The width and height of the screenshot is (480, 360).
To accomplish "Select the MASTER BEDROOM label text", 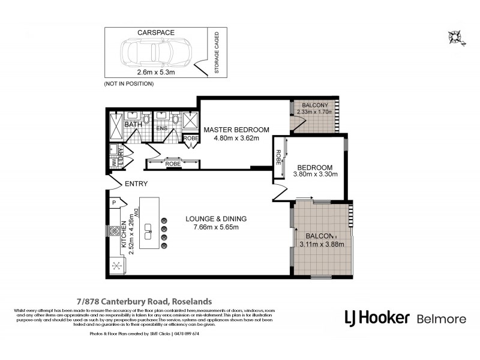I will click(236, 130).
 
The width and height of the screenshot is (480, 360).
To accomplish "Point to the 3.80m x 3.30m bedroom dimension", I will click(316, 175).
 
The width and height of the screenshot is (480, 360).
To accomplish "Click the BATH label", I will click(133, 124).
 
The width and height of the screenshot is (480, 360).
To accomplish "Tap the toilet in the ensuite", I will click(175, 119).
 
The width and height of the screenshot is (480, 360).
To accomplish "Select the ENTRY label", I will click(136, 184).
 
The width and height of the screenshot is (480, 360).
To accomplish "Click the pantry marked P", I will click(113, 203).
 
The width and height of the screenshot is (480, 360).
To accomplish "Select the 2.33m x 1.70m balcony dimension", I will click(313, 112).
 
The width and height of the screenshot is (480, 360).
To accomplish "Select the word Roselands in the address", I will click(191, 301).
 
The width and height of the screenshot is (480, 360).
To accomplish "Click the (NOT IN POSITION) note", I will click(129, 83).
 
